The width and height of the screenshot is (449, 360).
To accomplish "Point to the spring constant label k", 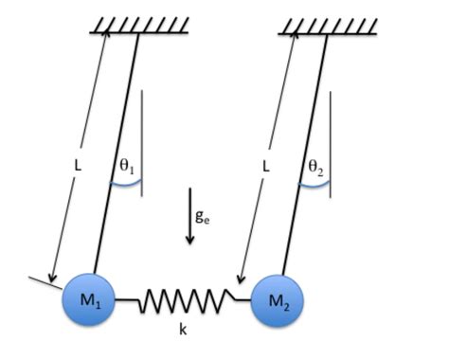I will [183, 331].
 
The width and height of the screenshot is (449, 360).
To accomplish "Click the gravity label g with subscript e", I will [202, 215].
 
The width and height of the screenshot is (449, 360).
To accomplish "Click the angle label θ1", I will [126, 166].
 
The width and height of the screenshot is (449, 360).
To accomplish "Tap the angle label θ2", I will [315, 166].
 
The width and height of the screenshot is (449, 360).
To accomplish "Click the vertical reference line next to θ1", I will [141, 142].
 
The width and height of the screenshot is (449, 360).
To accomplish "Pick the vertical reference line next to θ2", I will [330, 142].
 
